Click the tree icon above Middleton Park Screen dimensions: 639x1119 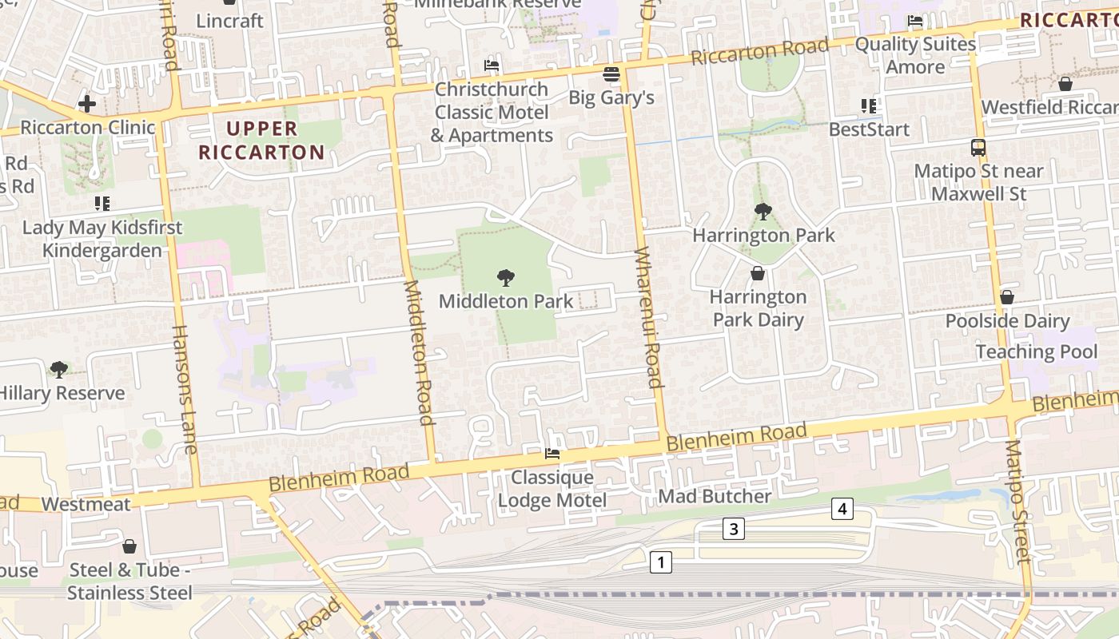505,278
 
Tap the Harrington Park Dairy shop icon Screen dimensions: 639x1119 758,274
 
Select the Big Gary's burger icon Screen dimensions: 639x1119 611,74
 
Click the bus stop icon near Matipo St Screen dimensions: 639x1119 978,147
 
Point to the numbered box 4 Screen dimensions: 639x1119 842,509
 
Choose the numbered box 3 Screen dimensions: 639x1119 734,528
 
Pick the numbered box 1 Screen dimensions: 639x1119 660,562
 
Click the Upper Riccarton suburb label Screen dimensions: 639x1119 261,141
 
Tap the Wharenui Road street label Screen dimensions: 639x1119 649,317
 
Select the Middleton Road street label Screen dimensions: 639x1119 419,351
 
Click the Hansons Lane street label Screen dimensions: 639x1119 184,389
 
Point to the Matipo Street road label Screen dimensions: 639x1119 1017,501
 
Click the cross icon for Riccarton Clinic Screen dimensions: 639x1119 87,103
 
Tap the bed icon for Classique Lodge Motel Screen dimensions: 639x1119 552,454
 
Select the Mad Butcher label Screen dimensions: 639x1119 715,496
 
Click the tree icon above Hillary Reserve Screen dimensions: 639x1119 58,369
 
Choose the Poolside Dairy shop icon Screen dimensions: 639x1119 1007,297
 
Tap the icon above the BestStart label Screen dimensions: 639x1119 869,105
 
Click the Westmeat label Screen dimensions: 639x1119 86,504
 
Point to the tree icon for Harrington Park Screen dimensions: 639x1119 763,212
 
